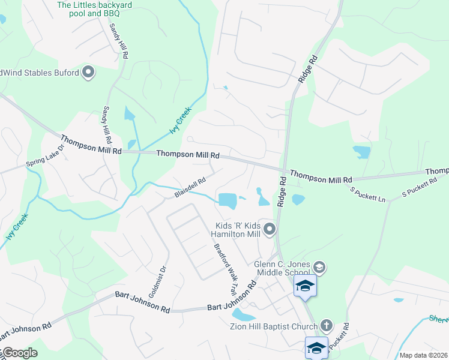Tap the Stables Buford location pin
click(x=88, y=73)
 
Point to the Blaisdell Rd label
click(x=190, y=188)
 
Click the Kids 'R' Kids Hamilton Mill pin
click(x=270, y=228)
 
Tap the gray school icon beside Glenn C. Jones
click(x=320, y=267)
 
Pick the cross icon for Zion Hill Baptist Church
click(x=326, y=326)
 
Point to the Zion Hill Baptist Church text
click(x=274, y=326)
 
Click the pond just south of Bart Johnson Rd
click(x=243, y=314)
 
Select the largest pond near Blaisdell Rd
click(x=228, y=200)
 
